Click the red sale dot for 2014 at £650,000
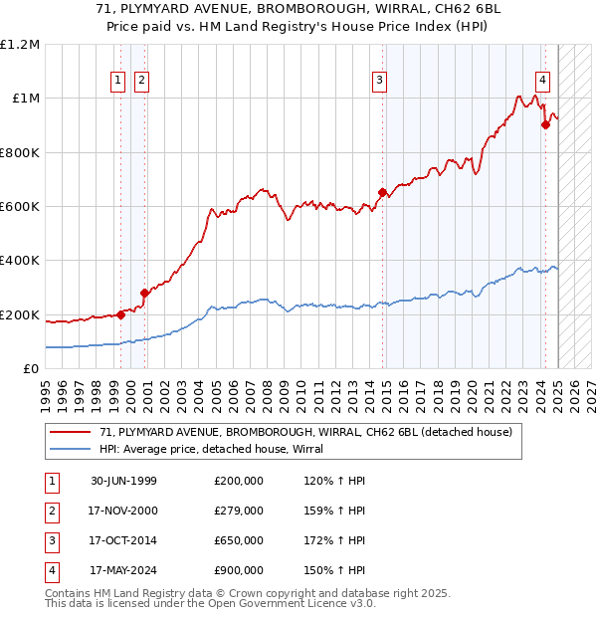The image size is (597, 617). (x=382, y=192)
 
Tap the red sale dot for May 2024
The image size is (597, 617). (x=545, y=124)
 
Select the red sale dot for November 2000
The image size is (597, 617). (x=144, y=293)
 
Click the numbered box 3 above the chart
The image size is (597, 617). (x=380, y=82)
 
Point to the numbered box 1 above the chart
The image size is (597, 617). (x=118, y=82)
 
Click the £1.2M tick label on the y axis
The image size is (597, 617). (x=20, y=45)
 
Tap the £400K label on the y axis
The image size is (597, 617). (x=20, y=261)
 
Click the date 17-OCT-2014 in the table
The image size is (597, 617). (x=123, y=540)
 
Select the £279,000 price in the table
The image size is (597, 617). (x=239, y=511)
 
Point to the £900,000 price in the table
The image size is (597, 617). (x=239, y=571)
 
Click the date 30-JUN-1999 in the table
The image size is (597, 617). (x=123, y=481)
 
